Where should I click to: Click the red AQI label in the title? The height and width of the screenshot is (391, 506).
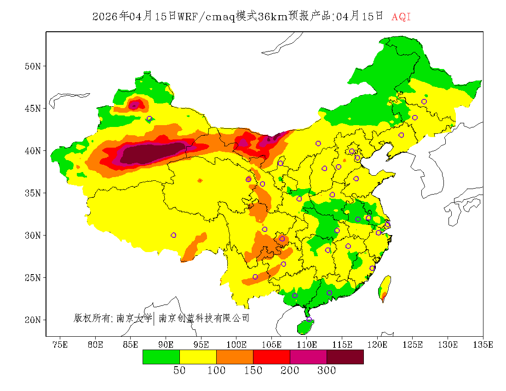pos(401,17)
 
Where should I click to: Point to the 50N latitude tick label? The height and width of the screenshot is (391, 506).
pos(32,66)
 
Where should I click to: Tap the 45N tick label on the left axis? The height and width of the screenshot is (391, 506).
pos(32,109)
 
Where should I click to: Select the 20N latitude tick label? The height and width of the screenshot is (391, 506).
pos(32,320)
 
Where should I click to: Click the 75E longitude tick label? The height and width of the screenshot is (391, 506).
pos(60,345)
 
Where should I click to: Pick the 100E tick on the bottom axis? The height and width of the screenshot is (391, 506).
pos(236,345)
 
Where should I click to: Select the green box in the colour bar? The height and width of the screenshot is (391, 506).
pos(161,356)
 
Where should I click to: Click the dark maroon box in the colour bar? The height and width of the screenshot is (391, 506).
pos(345,356)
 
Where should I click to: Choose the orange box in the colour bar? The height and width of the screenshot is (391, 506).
pos(235,356)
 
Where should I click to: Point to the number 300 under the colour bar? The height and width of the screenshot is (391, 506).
pos(327,371)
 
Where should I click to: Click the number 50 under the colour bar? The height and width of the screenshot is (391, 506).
pos(179,371)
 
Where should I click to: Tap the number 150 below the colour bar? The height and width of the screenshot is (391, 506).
pos(253,371)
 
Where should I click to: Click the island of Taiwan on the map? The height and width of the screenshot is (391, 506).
pos(385,287)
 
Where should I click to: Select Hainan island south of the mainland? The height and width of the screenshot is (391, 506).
pos(305,326)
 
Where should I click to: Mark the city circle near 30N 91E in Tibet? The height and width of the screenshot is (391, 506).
pos(173,235)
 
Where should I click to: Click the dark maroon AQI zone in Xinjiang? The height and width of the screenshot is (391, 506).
pos(152,153)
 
